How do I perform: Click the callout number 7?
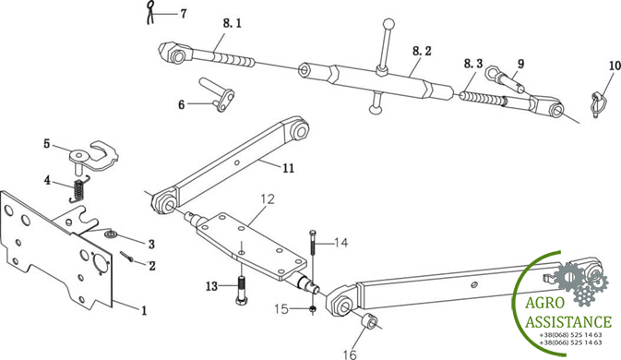[184, 14]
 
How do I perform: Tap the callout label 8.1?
[233, 23]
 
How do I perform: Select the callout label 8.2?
[422, 51]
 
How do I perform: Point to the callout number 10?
[615, 66]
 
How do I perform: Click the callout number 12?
[268, 198]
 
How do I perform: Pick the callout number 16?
[350, 354]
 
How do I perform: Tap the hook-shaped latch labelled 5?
[93, 155]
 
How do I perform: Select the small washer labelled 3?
[111, 234]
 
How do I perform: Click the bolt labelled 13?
[242, 290]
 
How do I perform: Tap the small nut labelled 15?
[313, 309]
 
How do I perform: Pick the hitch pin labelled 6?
[218, 93]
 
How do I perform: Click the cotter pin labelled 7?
[149, 13]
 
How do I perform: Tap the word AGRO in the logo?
[544, 303]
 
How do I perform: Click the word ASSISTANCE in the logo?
[568, 321]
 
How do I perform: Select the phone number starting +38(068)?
[570, 335]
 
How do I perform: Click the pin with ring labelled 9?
[505, 78]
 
